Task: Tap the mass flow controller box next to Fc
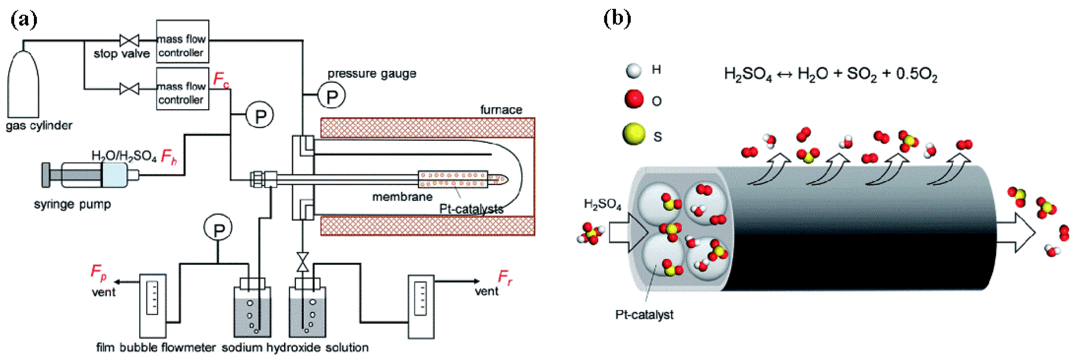182,89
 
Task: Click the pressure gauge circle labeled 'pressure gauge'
331,96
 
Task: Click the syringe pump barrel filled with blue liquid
114,175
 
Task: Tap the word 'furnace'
501,110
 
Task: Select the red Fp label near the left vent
98,272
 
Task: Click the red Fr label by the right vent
505,277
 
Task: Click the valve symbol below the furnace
302,262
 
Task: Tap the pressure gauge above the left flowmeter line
217,228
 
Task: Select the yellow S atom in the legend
634,134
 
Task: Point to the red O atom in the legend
634,99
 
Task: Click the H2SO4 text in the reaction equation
747,74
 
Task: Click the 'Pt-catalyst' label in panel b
644,315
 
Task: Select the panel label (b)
617,19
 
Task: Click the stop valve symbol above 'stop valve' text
129,40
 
